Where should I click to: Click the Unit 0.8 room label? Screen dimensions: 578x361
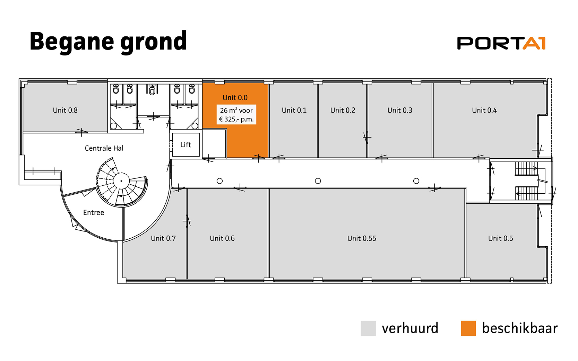pyautogui.click(x=65, y=111)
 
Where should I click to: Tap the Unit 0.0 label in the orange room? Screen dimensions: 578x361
pyautogui.click(x=235, y=98)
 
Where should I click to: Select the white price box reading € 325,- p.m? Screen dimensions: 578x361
pyautogui.click(x=236, y=114)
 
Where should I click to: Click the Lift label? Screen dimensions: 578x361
pyautogui.click(x=186, y=145)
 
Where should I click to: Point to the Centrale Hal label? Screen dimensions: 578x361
pyautogui.click(x=104, y=148)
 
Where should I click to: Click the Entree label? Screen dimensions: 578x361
pyautogui.click(x=94, y=212)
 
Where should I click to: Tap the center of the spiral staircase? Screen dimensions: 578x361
pyautogui.click(x=121, y=181)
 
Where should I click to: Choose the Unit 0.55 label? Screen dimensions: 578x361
pyautogui.click(x=362, y=238)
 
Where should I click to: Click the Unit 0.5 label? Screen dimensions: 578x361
pyautogui.click(x=501, y=238)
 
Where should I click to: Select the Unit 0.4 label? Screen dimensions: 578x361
pyautogui.click(x=484, y=111)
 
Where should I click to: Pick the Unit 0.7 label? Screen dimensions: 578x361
pyautogui.click(x=163, y=238)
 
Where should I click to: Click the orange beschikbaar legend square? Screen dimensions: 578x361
pyautogui.click(x=468, y=328)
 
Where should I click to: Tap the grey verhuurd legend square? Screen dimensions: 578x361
pyautogui.click(x=368, y=328)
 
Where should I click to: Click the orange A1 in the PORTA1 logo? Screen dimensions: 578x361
pyautogui.click(x=534, y=43)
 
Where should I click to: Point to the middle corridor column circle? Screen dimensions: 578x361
pyautogui.click(x=318, y=181)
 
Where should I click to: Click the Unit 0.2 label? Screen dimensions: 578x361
pyautogui.click(x=343, y=111)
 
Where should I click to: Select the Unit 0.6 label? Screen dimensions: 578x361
pyautogui.click(x=222, y=238)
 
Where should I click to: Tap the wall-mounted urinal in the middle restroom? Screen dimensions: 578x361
pyautogui.click(x=152, y=90)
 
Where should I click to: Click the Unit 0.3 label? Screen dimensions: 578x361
pyautogui.click(x=400, y=111)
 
